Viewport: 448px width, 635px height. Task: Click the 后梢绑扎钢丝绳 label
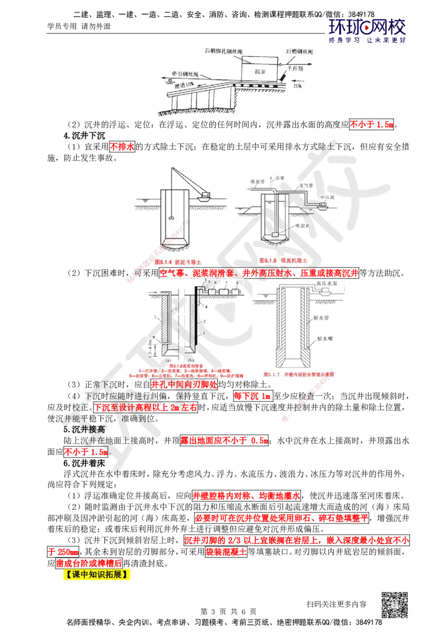pos(223,51)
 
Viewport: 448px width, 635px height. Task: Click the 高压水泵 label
pos(327,284)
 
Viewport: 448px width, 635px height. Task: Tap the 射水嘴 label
pos(325,339)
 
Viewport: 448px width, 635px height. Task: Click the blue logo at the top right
pos(367,30)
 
